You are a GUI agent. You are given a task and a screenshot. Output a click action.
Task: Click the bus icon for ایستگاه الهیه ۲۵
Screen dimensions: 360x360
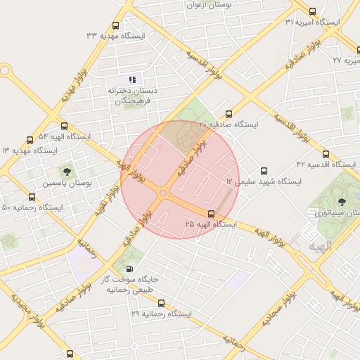click(x=211, y=213)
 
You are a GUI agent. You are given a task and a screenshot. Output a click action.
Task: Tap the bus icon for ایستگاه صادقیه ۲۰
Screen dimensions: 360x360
click(x=229, y=114)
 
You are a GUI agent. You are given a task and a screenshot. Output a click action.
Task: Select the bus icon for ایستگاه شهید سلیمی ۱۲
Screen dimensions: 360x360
click(x=264, y=171)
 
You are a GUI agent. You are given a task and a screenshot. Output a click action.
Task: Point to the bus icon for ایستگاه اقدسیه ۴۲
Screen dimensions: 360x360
click(x=326, y=154)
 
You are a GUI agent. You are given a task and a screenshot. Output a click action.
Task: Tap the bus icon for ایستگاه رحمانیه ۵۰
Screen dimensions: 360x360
click(x=32, y=198)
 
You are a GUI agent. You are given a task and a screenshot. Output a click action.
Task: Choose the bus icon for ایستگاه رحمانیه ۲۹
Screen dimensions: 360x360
click(x=162, y=303)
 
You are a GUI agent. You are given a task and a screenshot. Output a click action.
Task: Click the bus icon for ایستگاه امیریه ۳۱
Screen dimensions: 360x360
click(x=313, y=11)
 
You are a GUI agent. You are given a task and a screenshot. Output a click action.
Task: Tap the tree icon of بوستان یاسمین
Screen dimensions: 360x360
click(x=67, y=171)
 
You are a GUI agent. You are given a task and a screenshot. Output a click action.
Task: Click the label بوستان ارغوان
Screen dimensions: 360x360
click(x=209, y=5)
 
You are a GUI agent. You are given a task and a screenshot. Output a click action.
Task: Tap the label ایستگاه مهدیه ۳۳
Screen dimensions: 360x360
click(x=115, y=35)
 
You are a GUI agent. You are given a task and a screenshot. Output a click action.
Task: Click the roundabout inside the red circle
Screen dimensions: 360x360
click(x=163, y=193)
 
